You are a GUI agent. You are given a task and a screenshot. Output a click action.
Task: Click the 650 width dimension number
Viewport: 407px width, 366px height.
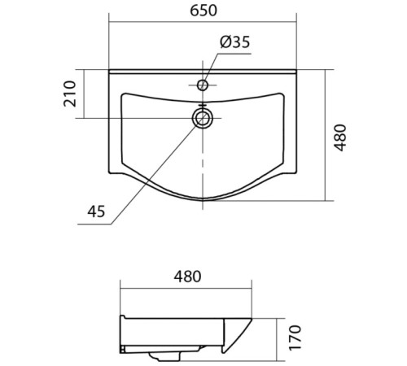click(x=203, y=12)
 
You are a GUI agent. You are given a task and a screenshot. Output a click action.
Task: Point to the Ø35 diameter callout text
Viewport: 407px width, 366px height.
click(x=235, y=43)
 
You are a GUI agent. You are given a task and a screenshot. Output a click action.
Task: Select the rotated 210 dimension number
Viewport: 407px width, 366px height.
click(x=70, y=94)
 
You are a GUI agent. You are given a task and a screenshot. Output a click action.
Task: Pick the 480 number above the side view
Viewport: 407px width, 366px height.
click(x=186, y=277)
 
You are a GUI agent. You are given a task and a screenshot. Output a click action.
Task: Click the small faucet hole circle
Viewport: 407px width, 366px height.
click(x=203, y=84)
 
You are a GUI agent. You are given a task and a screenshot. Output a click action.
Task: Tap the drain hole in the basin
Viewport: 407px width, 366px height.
click(x=203, y=119)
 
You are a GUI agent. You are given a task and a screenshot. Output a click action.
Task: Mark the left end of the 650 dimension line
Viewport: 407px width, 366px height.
click(x=109, y=27)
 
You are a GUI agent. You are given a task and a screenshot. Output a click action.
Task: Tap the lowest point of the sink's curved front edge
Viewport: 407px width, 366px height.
click(x=203, y=200)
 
